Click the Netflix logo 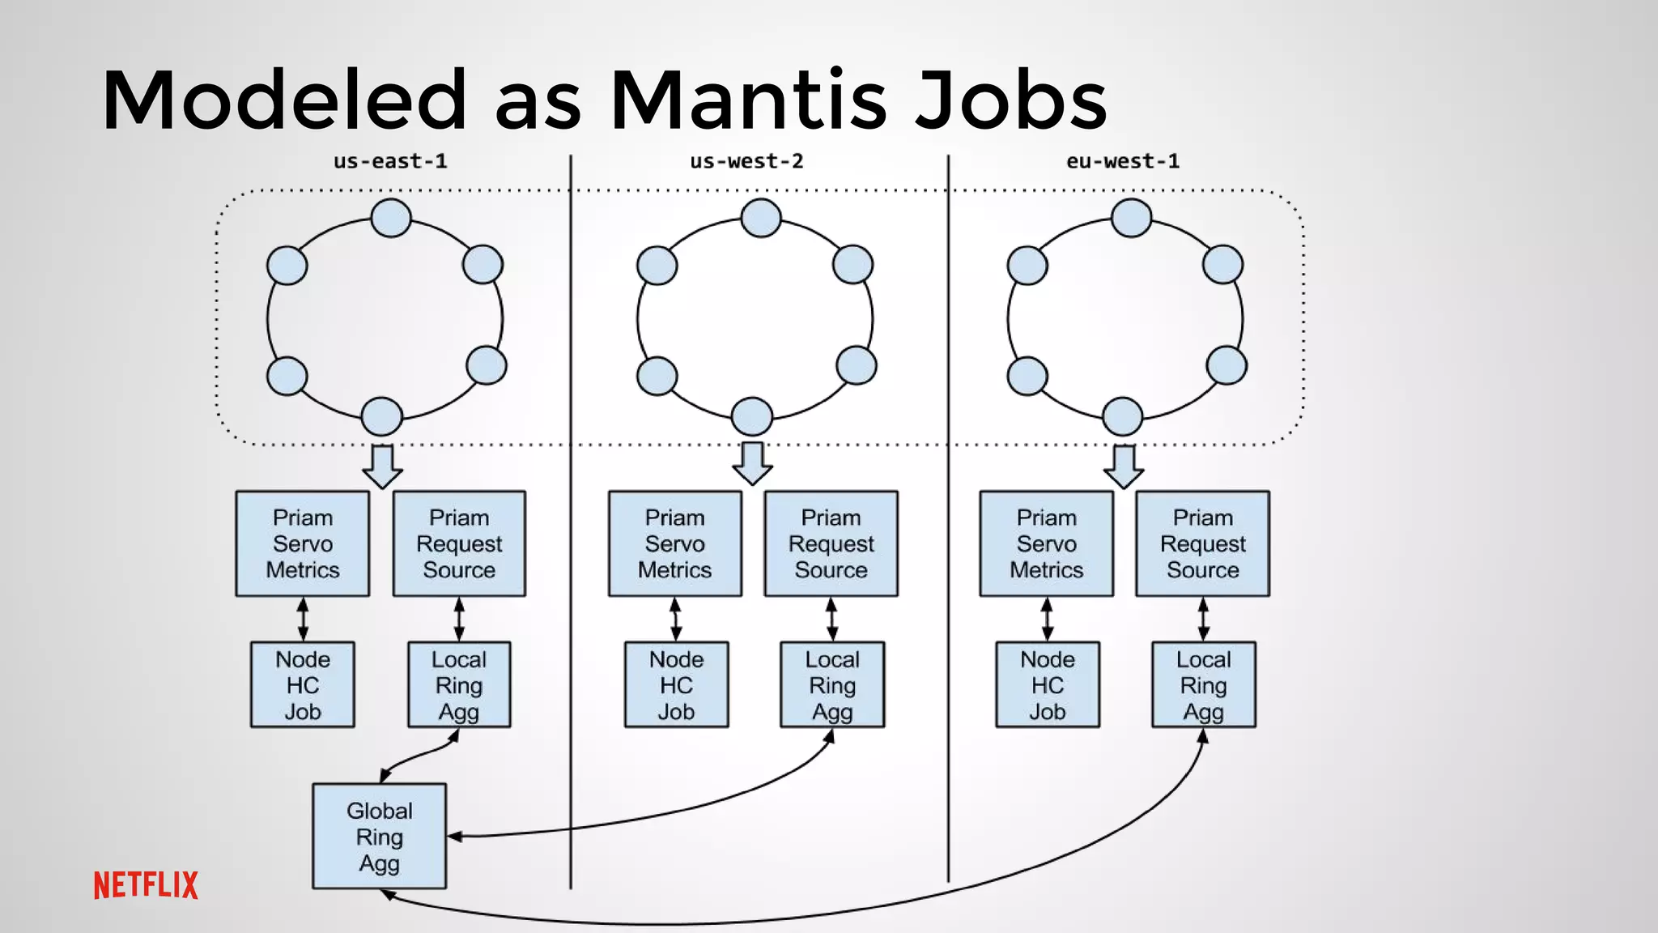pos(146,885)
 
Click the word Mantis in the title pos(748,100)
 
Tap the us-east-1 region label pos(390,161)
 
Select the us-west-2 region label pos(746,161)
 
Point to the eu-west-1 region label pos(1123,161)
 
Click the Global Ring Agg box pos(379,836)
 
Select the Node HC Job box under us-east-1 pos(302,684)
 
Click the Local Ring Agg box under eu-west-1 pos(1203,684)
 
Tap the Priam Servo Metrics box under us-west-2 pos(674,543)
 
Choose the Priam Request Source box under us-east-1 pos(459,543)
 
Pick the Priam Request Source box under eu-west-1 pos(1202,543)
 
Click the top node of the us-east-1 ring pos(391,218)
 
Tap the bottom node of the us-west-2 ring pos(752,416)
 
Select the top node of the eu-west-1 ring pos(1131,218)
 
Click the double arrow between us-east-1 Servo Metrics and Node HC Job pos(303,619)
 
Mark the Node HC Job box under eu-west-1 pos(1047,684)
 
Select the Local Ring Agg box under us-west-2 pos(832,684)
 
